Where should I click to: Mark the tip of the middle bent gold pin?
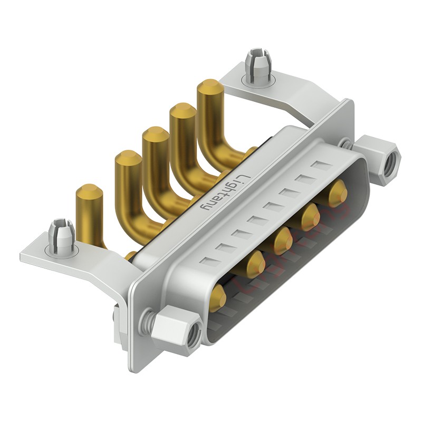[155, 134]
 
